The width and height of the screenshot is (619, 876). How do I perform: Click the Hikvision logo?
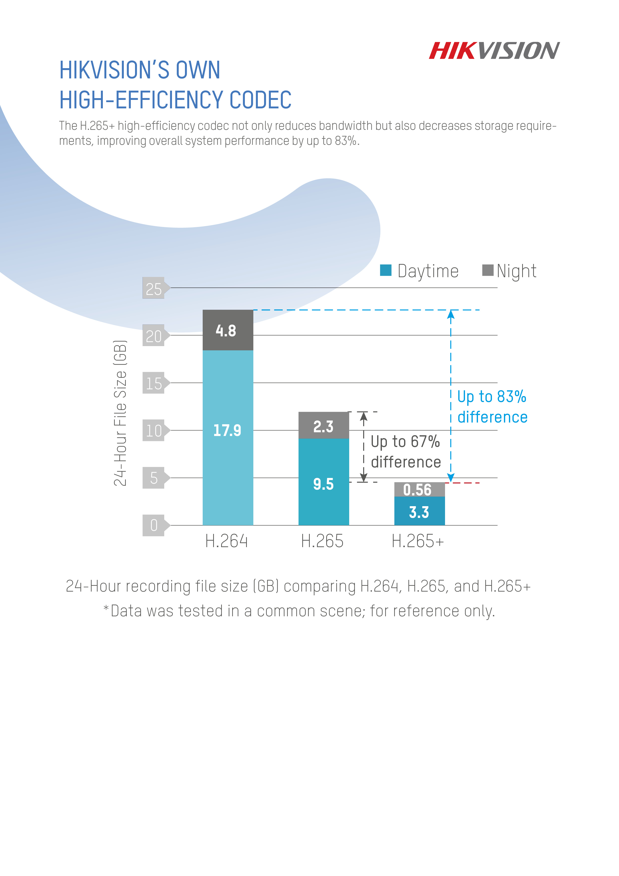(x=494, y=51)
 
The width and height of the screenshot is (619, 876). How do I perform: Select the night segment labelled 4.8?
(x=228, y=330)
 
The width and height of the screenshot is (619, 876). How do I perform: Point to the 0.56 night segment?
(x=419, y=489)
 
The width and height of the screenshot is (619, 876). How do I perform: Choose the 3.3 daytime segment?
(x=419, y=511)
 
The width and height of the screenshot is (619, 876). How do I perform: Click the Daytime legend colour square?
(x=386, y=270)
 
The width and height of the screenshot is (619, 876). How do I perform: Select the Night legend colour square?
(x=487, y=270)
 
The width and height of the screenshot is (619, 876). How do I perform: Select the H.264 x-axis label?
(x=227, y=541)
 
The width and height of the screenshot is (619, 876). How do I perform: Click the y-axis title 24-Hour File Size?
(x=120, y=413)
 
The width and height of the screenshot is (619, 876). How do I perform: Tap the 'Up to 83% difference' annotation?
(x=492, y=407)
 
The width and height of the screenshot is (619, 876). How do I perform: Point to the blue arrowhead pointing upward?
(x=451, y=314)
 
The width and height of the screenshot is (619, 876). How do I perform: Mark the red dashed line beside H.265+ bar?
(x=462, y=483)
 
